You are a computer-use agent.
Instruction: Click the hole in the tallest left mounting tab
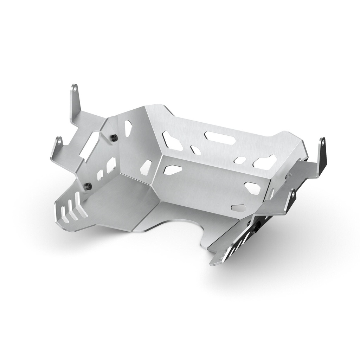(x=75, y=89)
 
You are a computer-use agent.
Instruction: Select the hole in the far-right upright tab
(x=322, y=143)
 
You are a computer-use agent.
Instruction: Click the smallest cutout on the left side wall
(x=100, y=173)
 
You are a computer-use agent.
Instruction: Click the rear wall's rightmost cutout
(x=264, y=161)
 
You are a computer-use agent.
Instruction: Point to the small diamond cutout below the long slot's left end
(x=195, y=150)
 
